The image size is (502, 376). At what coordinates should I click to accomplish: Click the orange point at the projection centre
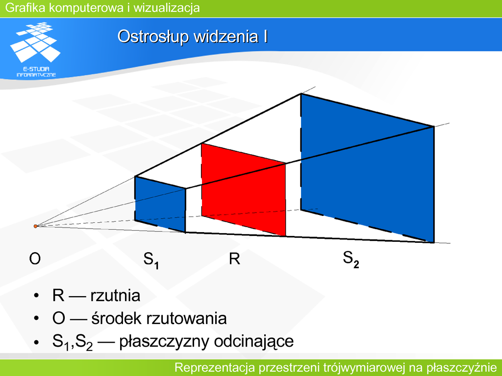[35, 226]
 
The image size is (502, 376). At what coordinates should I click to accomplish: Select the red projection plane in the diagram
[243, 189]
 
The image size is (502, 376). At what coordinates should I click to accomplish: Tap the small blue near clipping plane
[160, 204]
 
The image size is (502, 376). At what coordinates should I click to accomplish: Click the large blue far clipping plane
[367, 168]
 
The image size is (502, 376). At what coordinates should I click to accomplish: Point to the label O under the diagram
[35, 258]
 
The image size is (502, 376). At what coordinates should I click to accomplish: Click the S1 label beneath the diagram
[151, 260]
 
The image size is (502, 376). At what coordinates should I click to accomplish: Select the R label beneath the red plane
[234, 258]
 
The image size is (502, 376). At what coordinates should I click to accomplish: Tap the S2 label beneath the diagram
[351, 259]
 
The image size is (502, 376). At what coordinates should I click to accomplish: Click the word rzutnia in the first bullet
[115, 295]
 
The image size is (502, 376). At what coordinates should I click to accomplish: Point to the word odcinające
[254, 341]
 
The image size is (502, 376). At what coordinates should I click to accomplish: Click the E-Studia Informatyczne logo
[35, 49]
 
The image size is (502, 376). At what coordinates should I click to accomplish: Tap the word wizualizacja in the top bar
[167, 8]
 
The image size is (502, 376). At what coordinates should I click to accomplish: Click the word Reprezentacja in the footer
[215, 368]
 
